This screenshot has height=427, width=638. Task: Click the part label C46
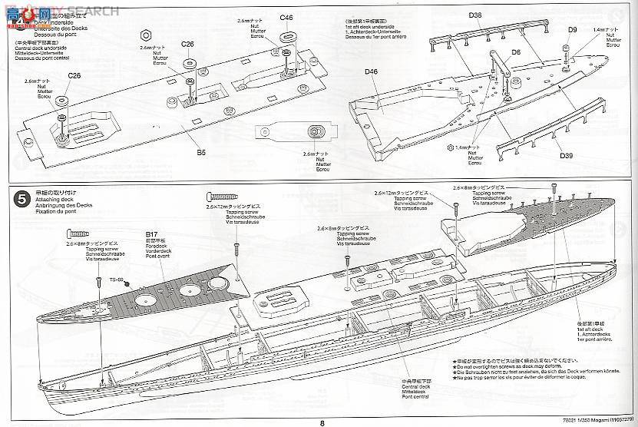287,17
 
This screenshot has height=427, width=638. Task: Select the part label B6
200,153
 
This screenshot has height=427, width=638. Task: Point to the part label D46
372,71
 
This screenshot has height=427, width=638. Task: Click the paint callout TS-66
117,280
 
